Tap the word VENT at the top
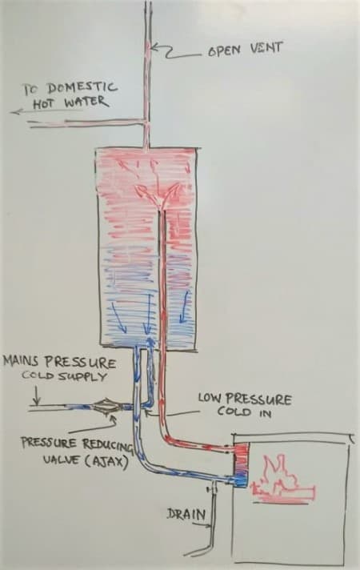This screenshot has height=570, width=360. pyautogui.click(x=266, y=48)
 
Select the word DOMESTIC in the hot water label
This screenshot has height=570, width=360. pyautogui.click(x=82, y=87)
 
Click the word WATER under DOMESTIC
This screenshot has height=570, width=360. pyautogui.click(x=86, y=102)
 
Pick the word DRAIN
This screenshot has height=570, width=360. pyautogui.click(x=186, y=514)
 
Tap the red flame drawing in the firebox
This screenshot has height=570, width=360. pyautogui.click(x=282, y=479)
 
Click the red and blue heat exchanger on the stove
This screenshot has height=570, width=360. pyautogui.click(x=242, y=464)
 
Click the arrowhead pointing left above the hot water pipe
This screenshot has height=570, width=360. pyautogui.click(x=14, y=112)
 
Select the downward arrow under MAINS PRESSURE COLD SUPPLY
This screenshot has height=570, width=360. pyautogui.click(x=36, y=395)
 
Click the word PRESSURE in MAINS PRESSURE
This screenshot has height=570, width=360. pyautogui.click(x=80, y=362)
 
